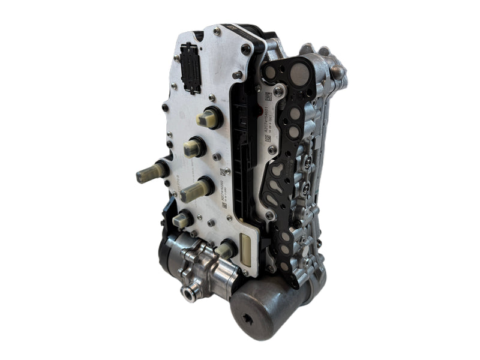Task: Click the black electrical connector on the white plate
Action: click(191, 67)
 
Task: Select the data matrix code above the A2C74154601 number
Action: click(268, 97)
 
